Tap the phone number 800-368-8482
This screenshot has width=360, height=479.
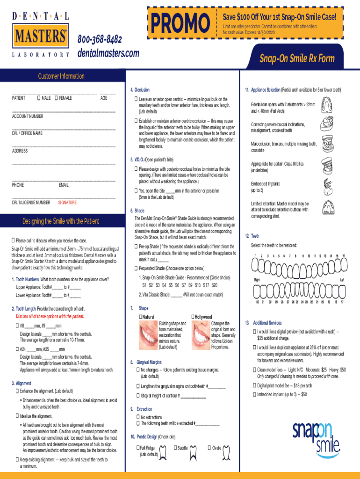tap(100, 39)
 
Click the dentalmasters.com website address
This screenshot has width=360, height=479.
tap(108, 53)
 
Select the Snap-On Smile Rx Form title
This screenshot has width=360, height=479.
tap(296, 58)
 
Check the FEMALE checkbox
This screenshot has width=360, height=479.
tap(56, 98)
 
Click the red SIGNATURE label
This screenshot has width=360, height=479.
tap(67, 203)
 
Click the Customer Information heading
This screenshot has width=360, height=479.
tap(61, 76)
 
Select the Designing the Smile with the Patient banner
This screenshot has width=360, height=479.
tap(61, 221)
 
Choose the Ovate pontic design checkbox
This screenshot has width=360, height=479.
tap(209, 448)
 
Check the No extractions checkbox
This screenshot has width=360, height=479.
tap(138, 417)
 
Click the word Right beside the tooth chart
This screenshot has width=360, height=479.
tap(257, 279)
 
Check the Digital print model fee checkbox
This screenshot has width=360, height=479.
tap(254, 385)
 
